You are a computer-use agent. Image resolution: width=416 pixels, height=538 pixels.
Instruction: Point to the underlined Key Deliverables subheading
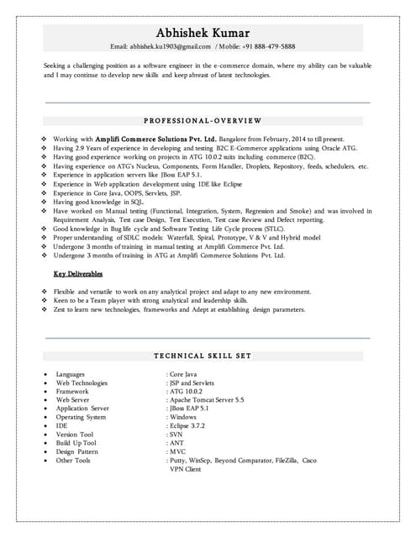[77, 274]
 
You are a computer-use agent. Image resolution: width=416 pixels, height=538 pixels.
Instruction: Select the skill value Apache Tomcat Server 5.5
[207, 400]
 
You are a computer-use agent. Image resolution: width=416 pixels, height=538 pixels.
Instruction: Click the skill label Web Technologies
[82, 382]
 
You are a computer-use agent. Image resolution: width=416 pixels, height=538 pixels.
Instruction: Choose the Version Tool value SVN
[176, 435]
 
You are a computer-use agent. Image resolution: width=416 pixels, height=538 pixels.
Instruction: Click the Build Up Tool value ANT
[176, 443]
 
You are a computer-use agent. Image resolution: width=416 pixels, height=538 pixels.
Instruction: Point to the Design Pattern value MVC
[178, 452]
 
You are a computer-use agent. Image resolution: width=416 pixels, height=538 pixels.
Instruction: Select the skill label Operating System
[81, 417]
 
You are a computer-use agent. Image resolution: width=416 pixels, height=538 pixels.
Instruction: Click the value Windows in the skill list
[182, 417]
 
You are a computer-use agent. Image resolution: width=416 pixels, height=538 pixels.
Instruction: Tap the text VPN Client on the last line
[186, 469]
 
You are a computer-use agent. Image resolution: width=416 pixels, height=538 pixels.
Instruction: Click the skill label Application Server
[82, 409]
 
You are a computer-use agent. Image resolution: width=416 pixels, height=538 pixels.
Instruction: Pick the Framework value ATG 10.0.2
[187, 391]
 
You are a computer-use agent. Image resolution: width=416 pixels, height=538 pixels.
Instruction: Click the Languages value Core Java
[185, 373]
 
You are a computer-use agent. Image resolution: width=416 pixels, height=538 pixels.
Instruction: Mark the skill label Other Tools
[73, 461]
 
